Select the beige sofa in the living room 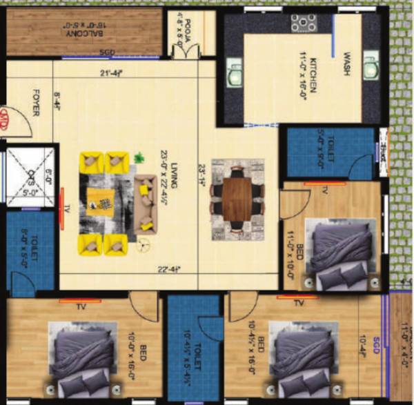coord(146,203)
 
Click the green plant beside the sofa coord(139,158)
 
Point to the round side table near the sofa coord(144,243)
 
